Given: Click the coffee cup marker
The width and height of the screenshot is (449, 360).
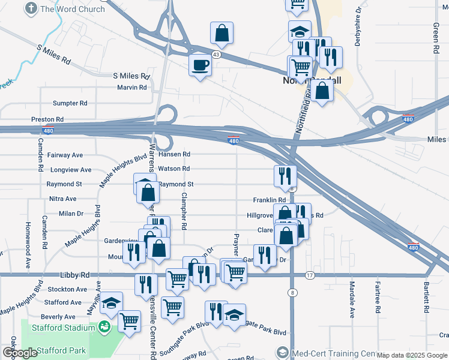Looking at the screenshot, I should (200, 65).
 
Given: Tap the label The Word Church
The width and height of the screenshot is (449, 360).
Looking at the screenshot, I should (72, 9).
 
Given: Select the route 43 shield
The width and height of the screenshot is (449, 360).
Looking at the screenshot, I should (215, 54).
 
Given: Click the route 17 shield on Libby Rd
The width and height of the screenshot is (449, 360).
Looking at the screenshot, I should (310, 275).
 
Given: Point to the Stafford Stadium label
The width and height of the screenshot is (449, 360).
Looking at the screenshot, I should (63, 328).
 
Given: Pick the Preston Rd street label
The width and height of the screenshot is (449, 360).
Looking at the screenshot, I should (47, 119).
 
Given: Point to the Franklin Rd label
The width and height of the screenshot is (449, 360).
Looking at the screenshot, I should (269, 200).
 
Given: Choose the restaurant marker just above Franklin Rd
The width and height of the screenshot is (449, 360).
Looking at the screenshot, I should (285, 176).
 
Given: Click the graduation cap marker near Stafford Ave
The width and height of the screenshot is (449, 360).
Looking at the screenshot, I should (111, 303).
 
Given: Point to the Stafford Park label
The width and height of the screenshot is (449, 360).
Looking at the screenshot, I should (61, 350).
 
